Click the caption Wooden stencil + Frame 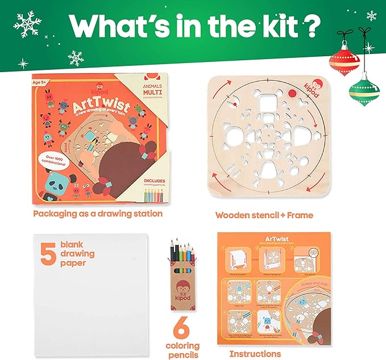point(264,215)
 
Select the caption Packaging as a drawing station point(98,214)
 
